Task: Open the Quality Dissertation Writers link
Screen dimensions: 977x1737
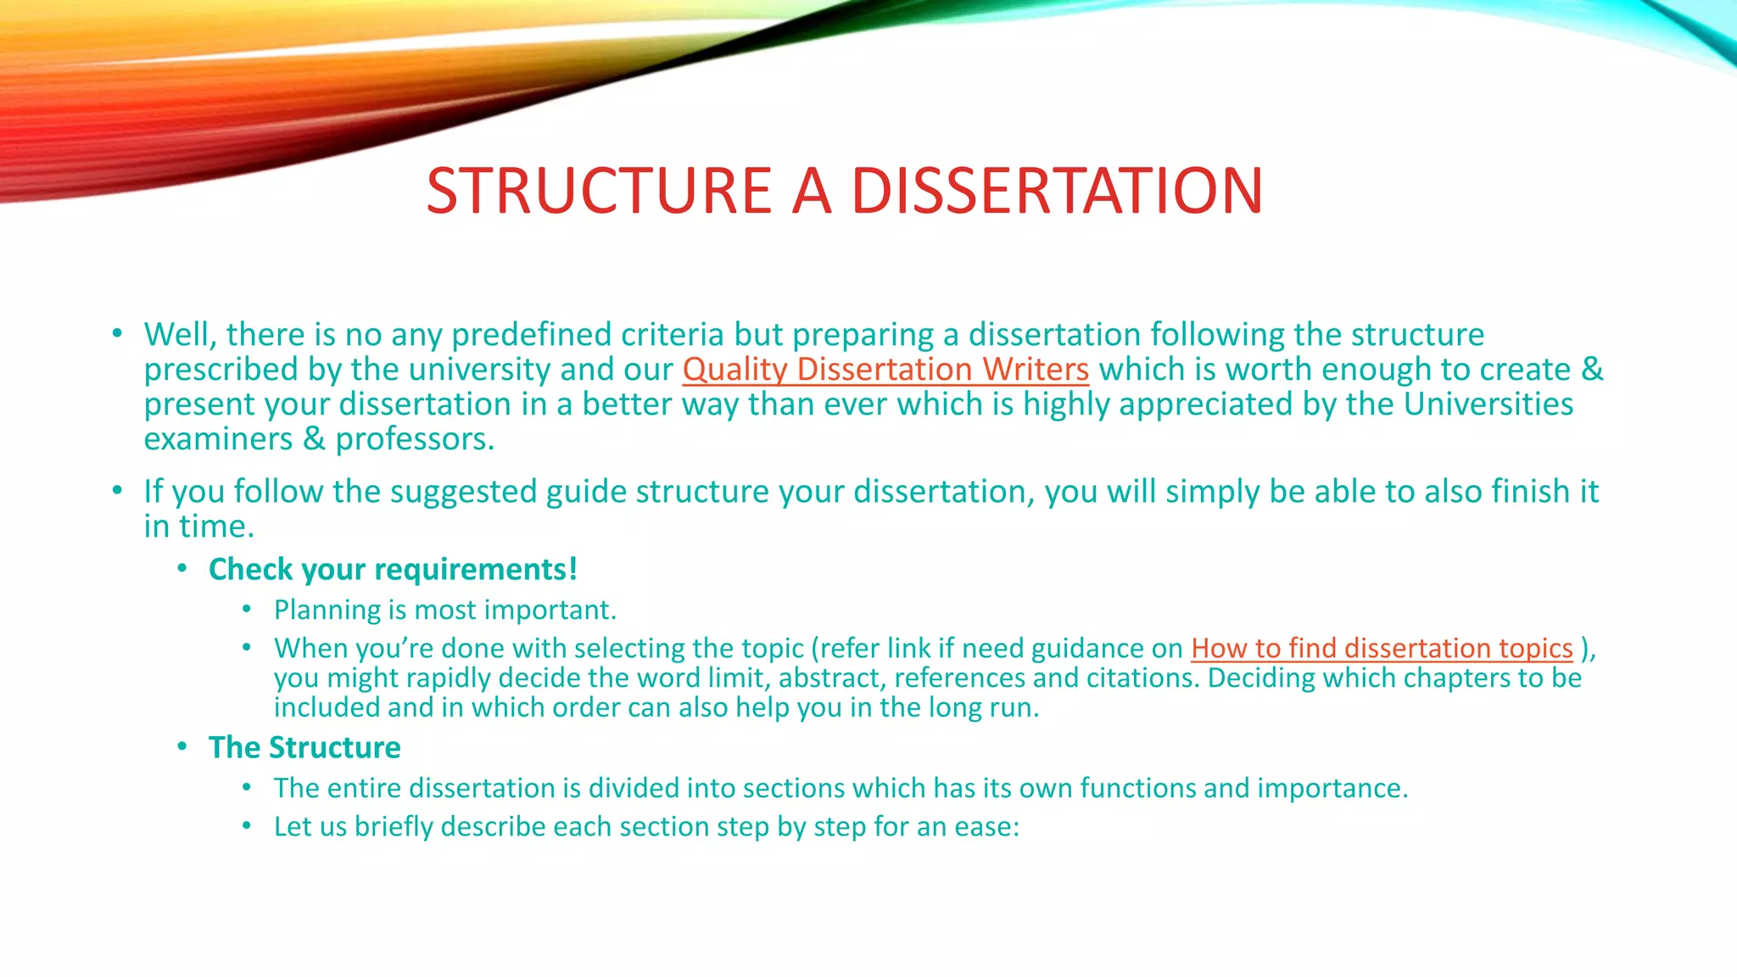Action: (x=885, y=370)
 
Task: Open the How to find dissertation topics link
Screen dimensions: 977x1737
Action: (x=1382, y=648)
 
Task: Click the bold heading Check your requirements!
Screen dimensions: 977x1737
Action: (x=393, y=569)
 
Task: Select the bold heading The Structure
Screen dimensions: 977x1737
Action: (x=304, y=747)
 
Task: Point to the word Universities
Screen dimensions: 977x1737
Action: (x=1488, y=405)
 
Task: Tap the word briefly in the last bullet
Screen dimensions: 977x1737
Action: (x=394, y=827)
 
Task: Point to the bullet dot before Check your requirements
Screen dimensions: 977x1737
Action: (x=182, y=568)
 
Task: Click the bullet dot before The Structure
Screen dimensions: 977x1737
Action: (x=182, y=746)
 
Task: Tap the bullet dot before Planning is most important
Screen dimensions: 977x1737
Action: (x=247, y=609)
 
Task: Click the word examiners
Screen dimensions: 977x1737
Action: (x=218, y=439)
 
